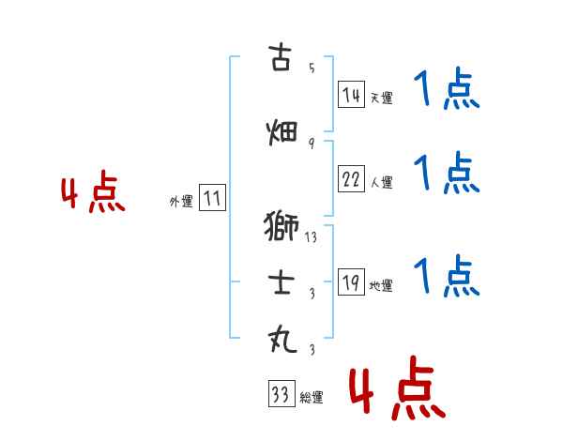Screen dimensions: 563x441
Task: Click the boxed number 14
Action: pos(351,94)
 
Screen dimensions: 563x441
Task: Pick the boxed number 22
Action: pos(351,181)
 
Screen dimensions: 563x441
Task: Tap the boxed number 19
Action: pos(351,283)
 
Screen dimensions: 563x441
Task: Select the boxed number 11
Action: pos(212,199)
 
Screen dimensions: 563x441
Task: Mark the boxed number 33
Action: pos(281,395)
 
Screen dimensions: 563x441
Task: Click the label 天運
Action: pos(381,98)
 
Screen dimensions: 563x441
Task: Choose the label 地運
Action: pos(381,286)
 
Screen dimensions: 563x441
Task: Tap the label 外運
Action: pos(180,201)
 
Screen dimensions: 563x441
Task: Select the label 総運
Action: pos(312,398)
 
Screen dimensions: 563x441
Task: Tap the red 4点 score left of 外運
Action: pos(92,194)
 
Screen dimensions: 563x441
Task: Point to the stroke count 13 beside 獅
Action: pos(311,237)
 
